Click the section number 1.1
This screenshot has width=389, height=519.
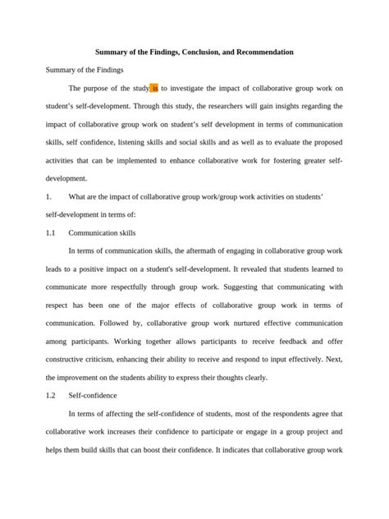pyautogui.click(x=51, y=233)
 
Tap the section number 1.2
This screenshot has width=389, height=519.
pyautogui.click(x=51, y=395)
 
